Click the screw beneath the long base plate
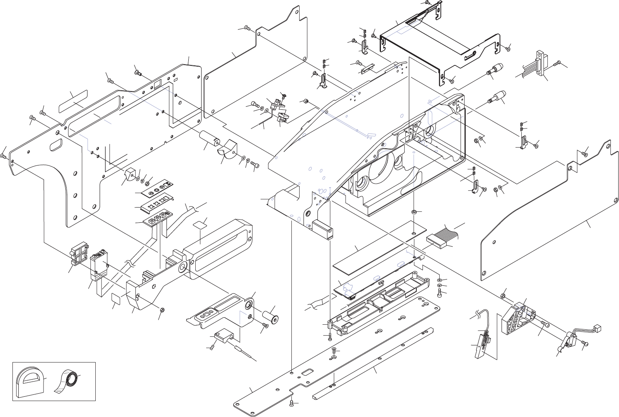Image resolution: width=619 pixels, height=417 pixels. [x=292, y=405]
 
